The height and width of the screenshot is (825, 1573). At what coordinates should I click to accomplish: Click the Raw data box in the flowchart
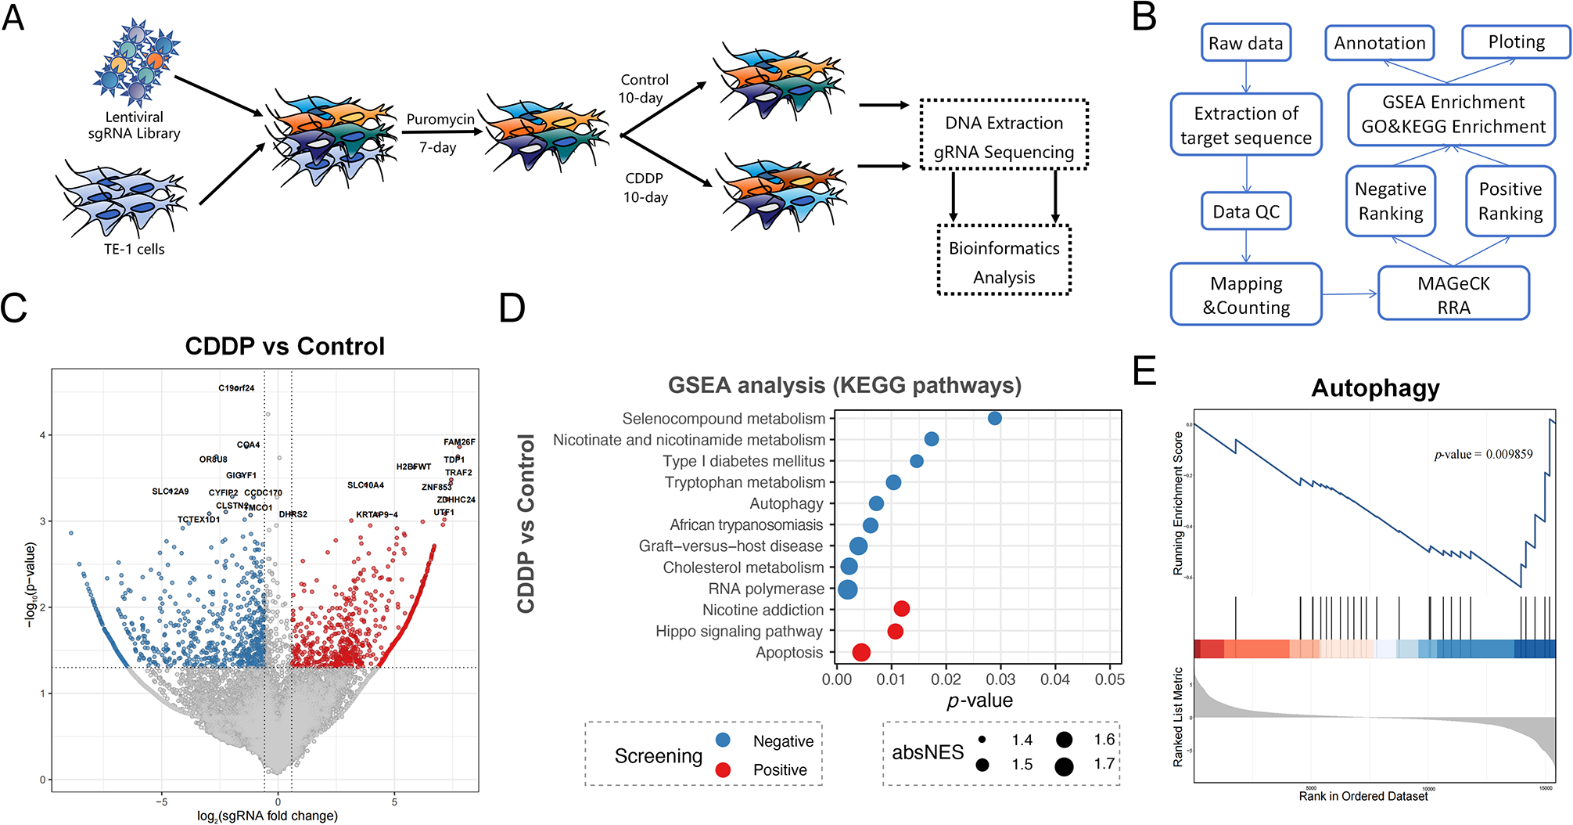[1245, 43]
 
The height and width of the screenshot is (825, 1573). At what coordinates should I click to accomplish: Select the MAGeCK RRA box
[1453, 294]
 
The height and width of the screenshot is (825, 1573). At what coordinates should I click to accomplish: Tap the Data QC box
[1245, 211]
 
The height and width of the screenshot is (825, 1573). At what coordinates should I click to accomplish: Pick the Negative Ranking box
[1390, 201]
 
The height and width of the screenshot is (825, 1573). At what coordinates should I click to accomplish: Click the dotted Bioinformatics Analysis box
[1004, 261]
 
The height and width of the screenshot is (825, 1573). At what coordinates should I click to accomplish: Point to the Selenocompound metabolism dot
[994, 419]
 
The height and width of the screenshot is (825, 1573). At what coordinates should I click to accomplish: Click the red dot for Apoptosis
[861, 652]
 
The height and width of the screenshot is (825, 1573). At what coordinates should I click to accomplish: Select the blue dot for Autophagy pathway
[876, 504]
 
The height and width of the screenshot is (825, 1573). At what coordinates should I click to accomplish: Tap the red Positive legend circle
[723, 770]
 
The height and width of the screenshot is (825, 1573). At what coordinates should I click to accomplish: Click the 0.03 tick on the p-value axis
[1000, 679]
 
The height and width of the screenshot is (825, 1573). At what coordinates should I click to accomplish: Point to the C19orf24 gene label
[236, 388]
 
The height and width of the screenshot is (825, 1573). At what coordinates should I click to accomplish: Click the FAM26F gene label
[459, 442]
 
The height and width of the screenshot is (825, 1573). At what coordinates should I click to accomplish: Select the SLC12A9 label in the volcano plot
[170, 492]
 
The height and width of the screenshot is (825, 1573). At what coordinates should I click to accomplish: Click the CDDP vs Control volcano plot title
[285, 346]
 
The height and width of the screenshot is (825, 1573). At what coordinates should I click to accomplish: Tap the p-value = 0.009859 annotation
[1482, 454]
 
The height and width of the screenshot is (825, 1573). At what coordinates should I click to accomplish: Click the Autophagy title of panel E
[1375, 388]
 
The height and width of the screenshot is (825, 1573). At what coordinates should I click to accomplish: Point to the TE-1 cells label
[134, 250]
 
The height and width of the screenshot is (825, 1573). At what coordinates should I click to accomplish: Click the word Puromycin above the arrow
[440, 119]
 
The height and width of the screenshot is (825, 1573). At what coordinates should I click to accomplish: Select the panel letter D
[512, 308]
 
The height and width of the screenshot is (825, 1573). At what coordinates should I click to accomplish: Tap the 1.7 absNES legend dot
[1064, 766]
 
